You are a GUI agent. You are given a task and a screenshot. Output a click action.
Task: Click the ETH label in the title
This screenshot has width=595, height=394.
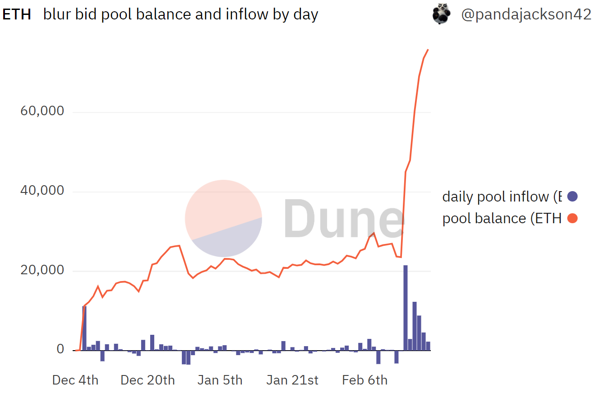(x=17, y=14)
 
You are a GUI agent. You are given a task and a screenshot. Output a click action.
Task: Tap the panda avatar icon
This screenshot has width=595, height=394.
(x=441, y=14)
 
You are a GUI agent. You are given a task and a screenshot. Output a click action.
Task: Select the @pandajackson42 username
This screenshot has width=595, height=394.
(x=526, y=14)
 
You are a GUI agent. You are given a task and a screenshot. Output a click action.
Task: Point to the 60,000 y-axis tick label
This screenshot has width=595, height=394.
(x=42, y=111)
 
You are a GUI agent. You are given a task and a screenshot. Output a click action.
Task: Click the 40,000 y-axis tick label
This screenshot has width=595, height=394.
(x=42, y=191)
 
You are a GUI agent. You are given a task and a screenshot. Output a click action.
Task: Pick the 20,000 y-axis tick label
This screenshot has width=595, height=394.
(x=42, y=270)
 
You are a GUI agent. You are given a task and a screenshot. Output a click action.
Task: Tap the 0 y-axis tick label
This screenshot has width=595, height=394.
(x=60, y=350)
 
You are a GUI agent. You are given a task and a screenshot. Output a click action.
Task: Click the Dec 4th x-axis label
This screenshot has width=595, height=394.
(x=75, y=380)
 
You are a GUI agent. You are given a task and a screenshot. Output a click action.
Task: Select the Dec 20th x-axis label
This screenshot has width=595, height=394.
(x=148, y=380)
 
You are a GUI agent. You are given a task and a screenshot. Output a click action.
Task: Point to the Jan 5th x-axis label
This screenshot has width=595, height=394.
(x=220, y=380)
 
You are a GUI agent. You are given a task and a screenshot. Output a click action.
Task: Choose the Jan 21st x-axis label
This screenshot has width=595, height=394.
(x=292, y=380)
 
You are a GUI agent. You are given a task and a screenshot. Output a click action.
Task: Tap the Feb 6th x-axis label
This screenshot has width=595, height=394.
(x=364, y=380)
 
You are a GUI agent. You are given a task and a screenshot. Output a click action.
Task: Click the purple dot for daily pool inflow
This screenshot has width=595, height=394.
(x=572, y=197)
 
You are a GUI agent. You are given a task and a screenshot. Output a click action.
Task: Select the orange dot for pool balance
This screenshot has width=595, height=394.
(x=572, y=218)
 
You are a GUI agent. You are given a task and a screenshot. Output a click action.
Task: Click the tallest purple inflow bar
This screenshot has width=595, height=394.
(x=405, y=307)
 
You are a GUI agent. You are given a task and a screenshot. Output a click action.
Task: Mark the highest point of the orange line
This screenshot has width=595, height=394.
(x=428, y=50)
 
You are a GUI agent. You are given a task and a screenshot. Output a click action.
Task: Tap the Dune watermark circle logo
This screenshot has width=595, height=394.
(x=223, y=218)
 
